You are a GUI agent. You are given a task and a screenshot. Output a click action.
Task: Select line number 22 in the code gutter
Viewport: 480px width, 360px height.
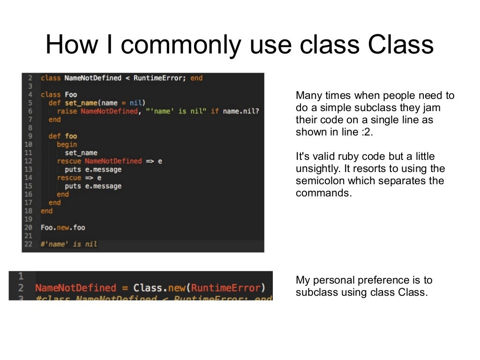(x=29, y=244)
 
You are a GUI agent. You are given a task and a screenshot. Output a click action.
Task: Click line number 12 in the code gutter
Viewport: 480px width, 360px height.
(x=29, y=161)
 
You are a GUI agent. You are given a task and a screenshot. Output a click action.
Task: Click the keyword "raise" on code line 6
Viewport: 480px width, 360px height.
(x=67, y=111)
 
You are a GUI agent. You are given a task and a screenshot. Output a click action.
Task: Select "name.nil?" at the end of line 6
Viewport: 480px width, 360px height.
(x=241, y=111)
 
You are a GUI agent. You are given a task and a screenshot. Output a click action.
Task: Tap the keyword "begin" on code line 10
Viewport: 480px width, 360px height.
(x=67, y=144)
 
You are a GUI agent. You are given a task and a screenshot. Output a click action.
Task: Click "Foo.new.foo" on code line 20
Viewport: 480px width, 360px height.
(x=63, y=227)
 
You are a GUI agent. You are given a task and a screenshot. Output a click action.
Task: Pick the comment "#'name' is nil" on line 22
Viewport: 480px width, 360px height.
(x=69, y=244)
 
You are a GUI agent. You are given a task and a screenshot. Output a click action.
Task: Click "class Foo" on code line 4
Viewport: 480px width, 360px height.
(x=59, y=95)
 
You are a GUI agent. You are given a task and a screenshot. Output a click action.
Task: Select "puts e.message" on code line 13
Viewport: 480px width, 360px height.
(x=93, y=169)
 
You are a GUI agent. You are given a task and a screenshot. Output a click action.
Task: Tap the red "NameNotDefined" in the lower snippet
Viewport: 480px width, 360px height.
(x=75, y=288)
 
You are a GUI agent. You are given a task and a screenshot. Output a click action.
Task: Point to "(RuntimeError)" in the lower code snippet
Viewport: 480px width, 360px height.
(x=225, y=288)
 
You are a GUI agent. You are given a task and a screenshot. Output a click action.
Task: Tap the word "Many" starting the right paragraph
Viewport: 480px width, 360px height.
(x=307, y=96)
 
